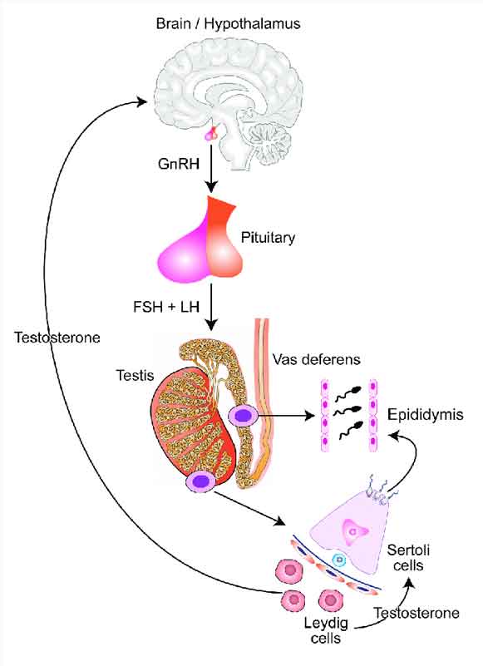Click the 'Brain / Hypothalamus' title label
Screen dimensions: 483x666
click(228, 24)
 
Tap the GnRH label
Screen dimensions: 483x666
click(179, 164)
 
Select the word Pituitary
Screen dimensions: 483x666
click(268, 238)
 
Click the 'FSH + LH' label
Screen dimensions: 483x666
click(166, 306)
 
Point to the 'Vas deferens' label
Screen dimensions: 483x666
click(317, 359)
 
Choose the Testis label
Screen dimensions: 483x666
click(135, 375)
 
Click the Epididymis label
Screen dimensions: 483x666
click(426, 415)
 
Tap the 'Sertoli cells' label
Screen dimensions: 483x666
click(408, 558)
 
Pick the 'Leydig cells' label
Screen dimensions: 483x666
click(326, 630)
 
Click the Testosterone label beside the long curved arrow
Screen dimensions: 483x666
click(57, 338)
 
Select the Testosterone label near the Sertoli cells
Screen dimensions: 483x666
click(416, 613)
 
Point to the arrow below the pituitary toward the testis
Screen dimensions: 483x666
click(211, 307)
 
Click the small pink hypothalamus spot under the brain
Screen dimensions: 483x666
click(211, 134)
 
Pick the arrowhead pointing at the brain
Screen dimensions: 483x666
click(141, 101)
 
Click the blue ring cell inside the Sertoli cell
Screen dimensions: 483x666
click(339, 560)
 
